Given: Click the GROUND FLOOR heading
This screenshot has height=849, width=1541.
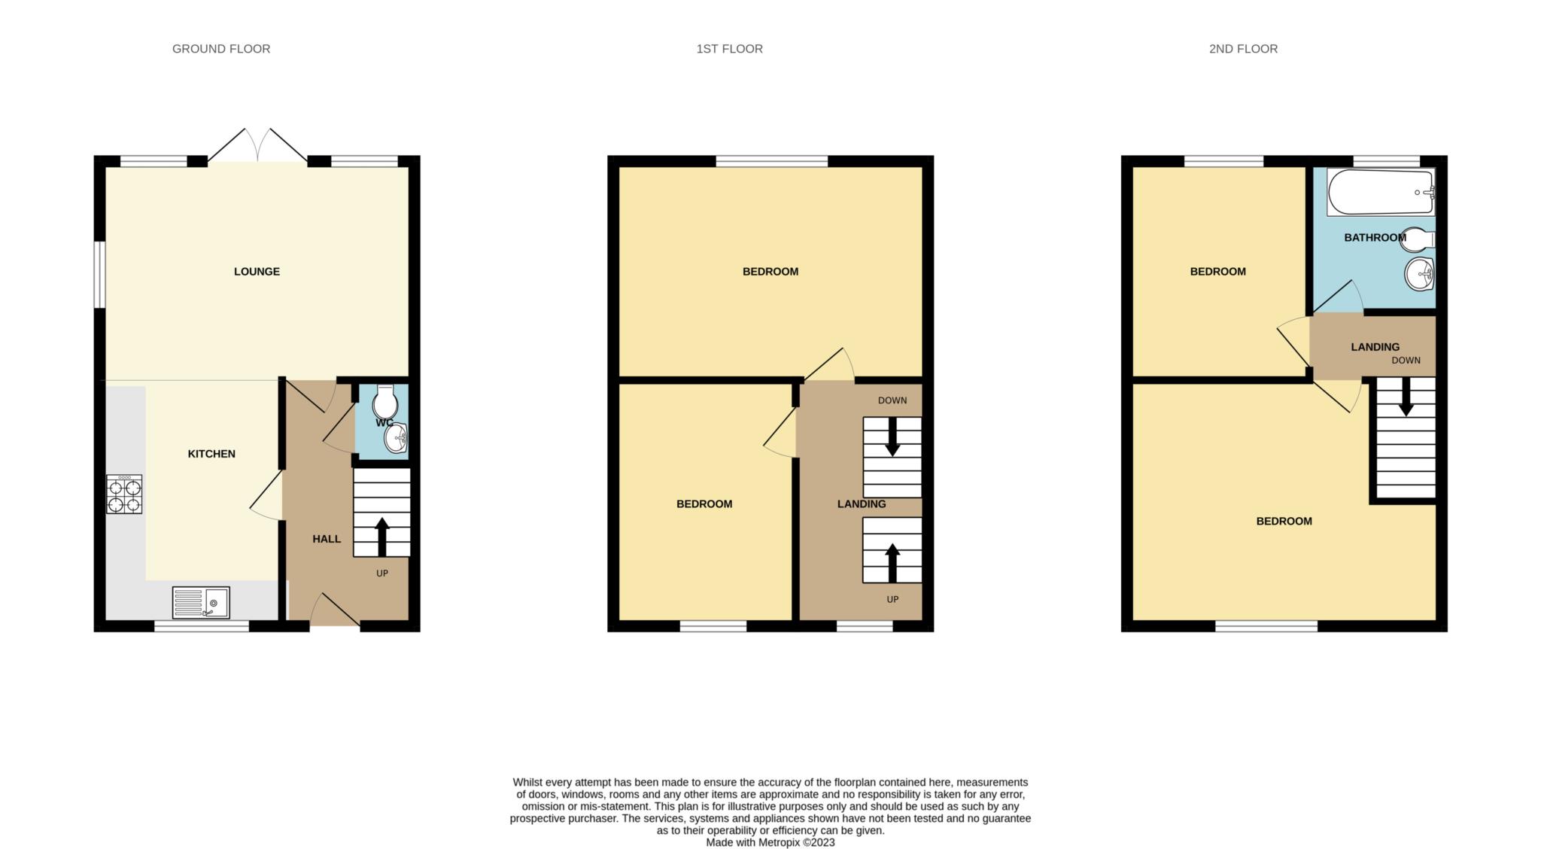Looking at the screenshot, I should [x=221, y=49].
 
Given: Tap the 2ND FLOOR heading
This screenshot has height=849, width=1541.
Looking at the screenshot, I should [x=1243, y=49].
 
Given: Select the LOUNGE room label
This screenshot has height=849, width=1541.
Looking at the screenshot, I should [x=257, y=272].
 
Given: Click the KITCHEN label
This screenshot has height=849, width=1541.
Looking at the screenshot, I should [x=211, y=454].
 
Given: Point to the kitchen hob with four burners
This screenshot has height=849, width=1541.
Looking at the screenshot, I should [x=124, y=494].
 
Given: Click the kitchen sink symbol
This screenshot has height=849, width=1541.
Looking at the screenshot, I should [x=201, y=603].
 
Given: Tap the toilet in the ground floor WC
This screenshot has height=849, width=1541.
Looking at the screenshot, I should [x=384, y=403].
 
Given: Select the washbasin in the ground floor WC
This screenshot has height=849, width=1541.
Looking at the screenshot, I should [x=397, y=438].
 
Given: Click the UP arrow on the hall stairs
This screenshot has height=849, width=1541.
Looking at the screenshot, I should [x=381, y=536].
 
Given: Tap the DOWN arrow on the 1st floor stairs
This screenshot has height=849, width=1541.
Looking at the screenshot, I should [x=892, y=437].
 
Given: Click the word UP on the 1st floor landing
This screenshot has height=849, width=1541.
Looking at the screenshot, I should [x=892, y=600].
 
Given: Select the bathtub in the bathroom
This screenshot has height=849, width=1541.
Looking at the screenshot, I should [x=1381, y=192].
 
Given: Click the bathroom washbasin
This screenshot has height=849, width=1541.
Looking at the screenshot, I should [x=1419, y=274].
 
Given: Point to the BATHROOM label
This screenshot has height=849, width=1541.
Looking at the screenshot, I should [x=1375, y=238].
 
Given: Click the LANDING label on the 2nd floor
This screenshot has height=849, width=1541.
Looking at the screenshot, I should [x=1375, y=347].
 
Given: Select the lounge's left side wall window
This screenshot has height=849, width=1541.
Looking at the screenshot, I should [x=99, y=275].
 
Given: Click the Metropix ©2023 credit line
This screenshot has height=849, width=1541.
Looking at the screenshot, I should [x=770, y=843].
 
